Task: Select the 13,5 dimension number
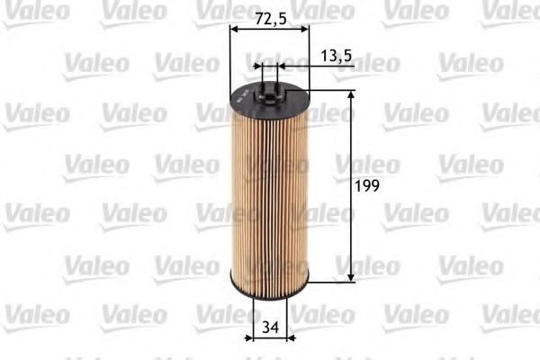tap(335, 56)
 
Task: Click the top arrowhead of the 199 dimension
tap(350, 93)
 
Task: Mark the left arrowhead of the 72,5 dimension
tap(236, 29)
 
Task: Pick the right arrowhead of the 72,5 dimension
tap(304, 29)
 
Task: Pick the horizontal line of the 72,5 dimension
tap(270, 29)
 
